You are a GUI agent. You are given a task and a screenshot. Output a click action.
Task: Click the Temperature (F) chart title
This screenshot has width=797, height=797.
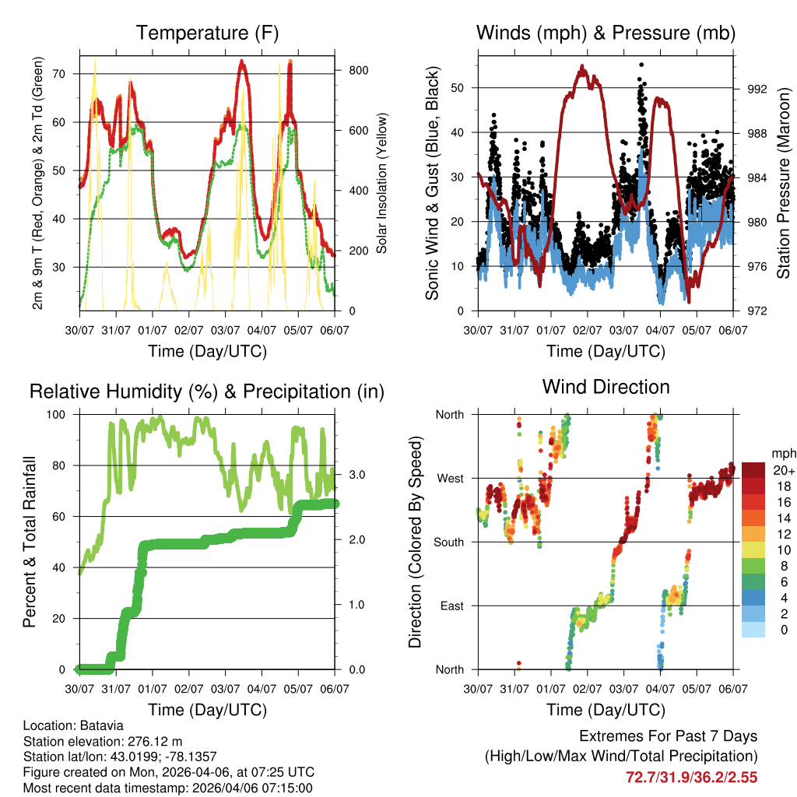pyautogui.click(x=207, y=33)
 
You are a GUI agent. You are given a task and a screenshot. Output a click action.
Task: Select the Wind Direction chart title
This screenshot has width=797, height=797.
pyautogui.click(x=606, y=387)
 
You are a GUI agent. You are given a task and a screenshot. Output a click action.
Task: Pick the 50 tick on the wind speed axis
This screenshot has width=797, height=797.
pyautogui.click(x=459, y=88)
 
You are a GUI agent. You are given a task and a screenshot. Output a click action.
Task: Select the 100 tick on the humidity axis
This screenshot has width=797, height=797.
pyautogui.click(x=61, y=415)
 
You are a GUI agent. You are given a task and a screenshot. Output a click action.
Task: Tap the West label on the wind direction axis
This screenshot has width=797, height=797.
pyautogui.click(x=449, y=479)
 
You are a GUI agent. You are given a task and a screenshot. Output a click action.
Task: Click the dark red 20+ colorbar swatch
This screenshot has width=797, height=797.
pyautogui.click(x=753, y=470)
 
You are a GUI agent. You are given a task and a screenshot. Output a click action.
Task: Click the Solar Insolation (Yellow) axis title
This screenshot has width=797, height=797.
pyautogui.click(x=381, y=183)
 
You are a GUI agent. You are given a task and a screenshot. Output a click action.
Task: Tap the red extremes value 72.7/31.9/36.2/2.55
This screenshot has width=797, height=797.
pyautogui.click(x=691, y=777)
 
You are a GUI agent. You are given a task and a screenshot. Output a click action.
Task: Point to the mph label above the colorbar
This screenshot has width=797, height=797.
pyautogui.click(x=782, y=453)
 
